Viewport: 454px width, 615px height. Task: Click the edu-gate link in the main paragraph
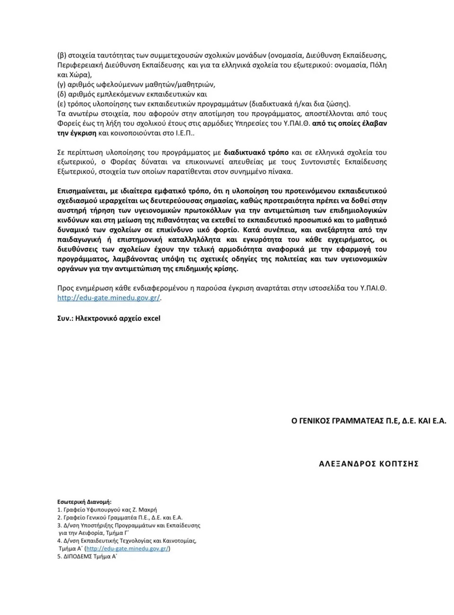tap(109, 298)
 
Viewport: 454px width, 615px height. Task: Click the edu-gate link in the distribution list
tap(128, 549)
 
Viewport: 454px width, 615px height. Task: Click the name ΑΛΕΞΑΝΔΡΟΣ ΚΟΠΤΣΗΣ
tap(369, 464)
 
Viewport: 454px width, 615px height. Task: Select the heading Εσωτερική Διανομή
tap(84, 502)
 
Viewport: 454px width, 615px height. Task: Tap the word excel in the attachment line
tap(151, 318)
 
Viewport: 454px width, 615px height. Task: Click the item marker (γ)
tap(61, 84)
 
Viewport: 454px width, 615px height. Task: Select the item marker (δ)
tap(61, 94)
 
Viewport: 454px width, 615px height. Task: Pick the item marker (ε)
tap(61, 104)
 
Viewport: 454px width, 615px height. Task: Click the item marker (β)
tap(61, 55)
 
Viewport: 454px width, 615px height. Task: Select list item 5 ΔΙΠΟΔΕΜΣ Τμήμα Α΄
tap(87, 557)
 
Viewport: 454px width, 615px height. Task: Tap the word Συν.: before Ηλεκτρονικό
tap(66, 318)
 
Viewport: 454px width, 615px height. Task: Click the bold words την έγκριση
tap(77, 133)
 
